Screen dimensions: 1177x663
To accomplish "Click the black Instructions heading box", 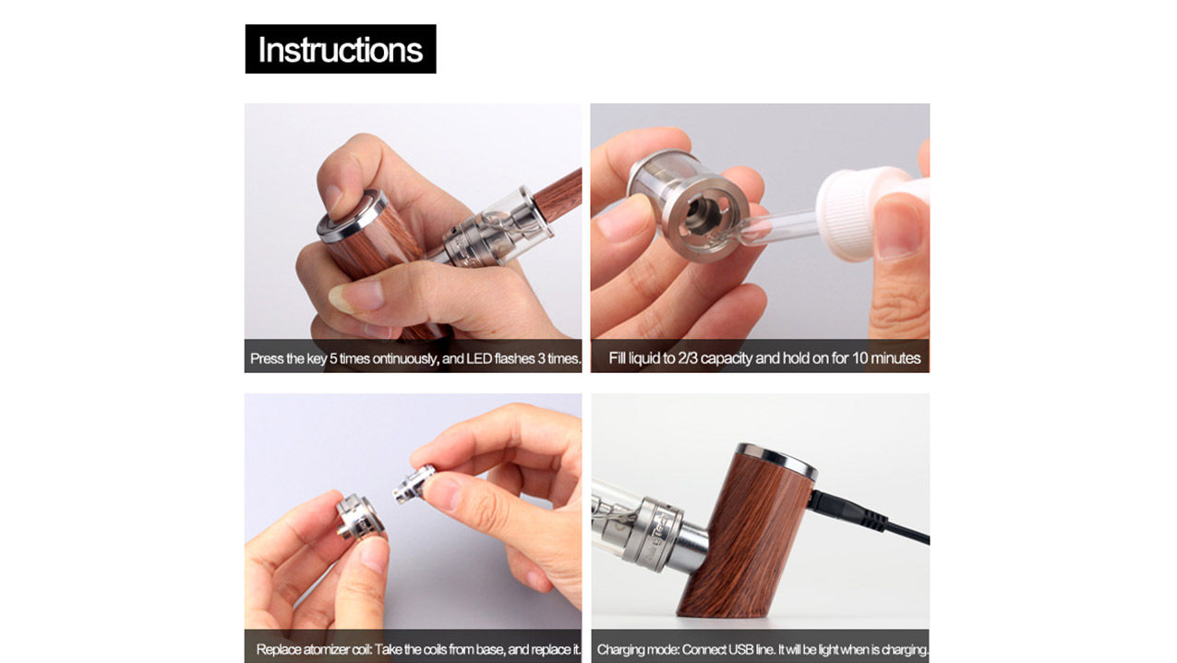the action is pyautogui.click(x=341, y=49).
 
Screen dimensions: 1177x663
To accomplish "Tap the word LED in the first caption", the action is pyautogui.click(x=479, y=358).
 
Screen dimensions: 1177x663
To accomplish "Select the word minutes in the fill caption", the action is pyautogui.click(x=895, y=358).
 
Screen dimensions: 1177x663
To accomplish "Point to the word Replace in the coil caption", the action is pyautogui.click(x=279, y=650).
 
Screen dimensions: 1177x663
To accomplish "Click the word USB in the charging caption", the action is pyautogui.click(x=741, y=650).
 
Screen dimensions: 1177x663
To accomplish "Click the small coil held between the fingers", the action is pyautogui.click(x=414, y=484).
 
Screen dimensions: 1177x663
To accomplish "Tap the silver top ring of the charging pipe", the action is pyautogui.click(x=776, y=459).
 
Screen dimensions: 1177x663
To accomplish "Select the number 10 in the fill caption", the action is pyautogui.click(x=860, y=358).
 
